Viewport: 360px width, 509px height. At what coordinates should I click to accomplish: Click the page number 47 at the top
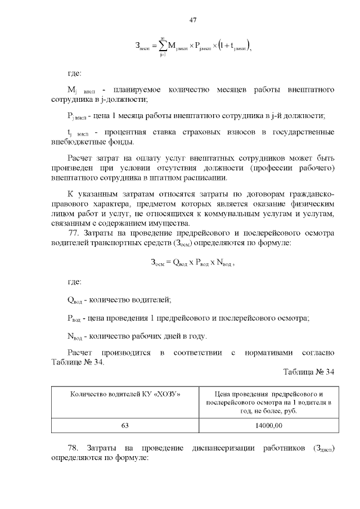pyautogui.click(x=192, y=20)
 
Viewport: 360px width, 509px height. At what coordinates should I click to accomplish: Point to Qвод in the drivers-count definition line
pyautogui.click(x=75, y=300)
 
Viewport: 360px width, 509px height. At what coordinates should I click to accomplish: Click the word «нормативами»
pyautogui.click(x=269, y=353)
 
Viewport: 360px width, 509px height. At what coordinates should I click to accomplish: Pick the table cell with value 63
pyautogui.click(x=125, y=426)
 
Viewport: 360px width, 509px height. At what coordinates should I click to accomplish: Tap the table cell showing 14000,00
pyautogui.click(x=268, y=426)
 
